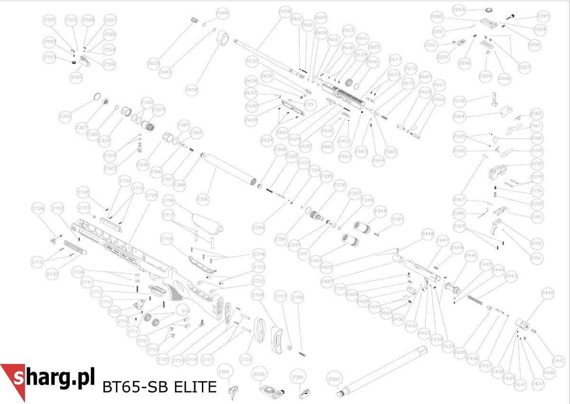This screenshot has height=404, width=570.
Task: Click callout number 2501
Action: point(49,20)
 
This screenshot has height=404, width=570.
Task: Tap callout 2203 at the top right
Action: point(459,10)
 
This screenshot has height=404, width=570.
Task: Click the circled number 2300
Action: point(334,379)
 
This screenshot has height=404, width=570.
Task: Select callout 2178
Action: point(459,101)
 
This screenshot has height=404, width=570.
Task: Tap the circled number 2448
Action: point(427,234)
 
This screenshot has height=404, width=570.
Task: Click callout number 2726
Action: point(38,208)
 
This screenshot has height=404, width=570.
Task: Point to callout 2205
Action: point(543,16)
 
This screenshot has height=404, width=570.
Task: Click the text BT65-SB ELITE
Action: point(159,387)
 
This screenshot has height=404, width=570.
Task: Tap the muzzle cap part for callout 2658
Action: point(223,38)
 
